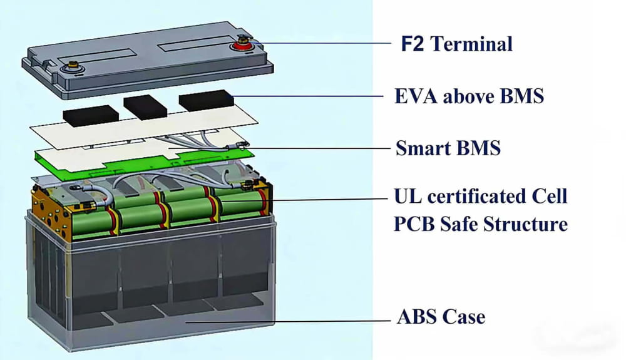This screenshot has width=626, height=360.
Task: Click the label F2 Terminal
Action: coord(456,44)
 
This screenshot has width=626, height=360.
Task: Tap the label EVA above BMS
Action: coord(469,96)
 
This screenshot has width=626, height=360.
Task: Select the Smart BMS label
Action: coord(448,148)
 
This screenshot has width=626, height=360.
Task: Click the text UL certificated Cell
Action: coord(480,196)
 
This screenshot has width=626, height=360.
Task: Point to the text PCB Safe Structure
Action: coord(480,224)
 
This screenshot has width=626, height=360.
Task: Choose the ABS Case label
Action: coord(441,316)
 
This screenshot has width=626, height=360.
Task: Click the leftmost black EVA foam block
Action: coord(91,116)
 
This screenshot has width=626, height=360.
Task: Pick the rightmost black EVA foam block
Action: coord(205,100)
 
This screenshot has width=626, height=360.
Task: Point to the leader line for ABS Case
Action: coord(282,321)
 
